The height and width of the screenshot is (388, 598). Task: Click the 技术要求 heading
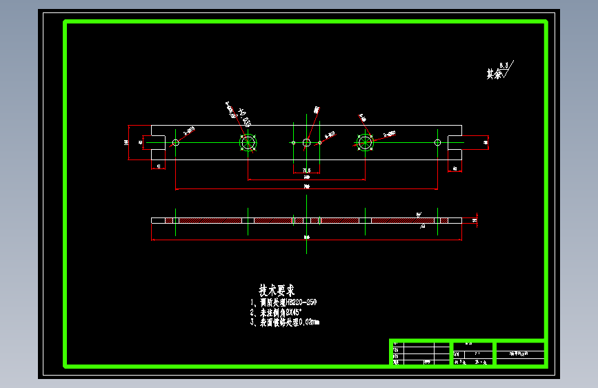[277, 290]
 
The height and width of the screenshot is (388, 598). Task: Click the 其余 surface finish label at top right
[494, 74]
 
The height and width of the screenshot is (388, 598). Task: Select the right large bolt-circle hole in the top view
[364, 142]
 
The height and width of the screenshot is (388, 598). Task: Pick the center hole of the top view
[306, 142]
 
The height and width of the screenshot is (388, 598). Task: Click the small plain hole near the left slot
[176, 142]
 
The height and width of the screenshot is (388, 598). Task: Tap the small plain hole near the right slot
[437, 142]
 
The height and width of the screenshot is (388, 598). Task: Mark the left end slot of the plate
[158, 142]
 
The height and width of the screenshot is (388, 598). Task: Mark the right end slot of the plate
[455, 142]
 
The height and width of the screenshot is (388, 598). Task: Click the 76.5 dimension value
[306, 170]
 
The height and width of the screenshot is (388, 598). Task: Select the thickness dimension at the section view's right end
[475, 220]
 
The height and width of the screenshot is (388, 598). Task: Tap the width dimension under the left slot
[159, 166]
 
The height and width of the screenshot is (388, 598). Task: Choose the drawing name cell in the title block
[520, 353]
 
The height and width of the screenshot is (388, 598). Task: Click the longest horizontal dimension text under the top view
[306, 186]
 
